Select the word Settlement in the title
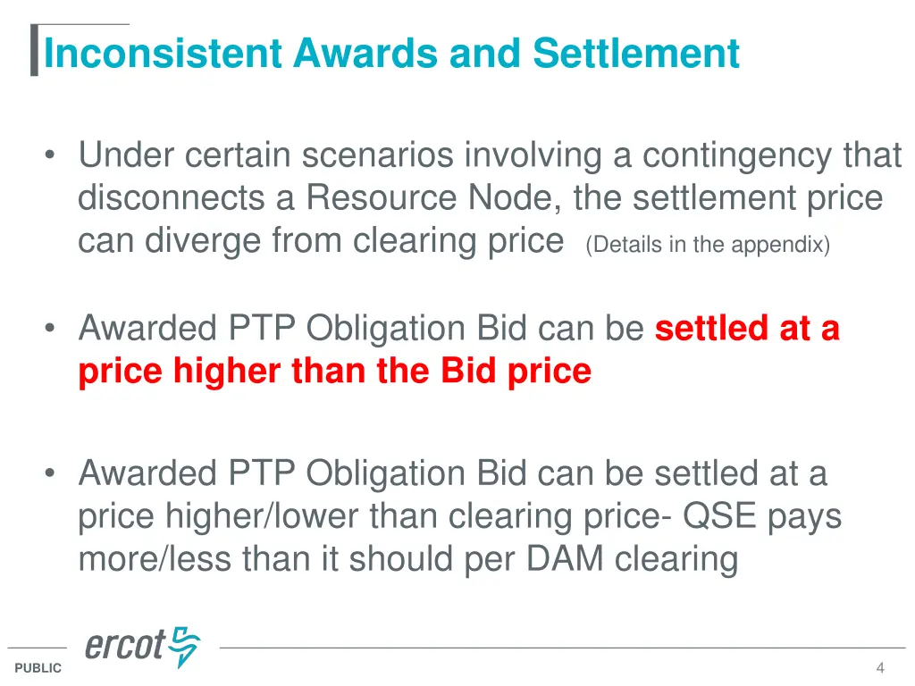click(x=636, y=53)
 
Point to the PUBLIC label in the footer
click(x=38, y=668)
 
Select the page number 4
click(x=880, y=668)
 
